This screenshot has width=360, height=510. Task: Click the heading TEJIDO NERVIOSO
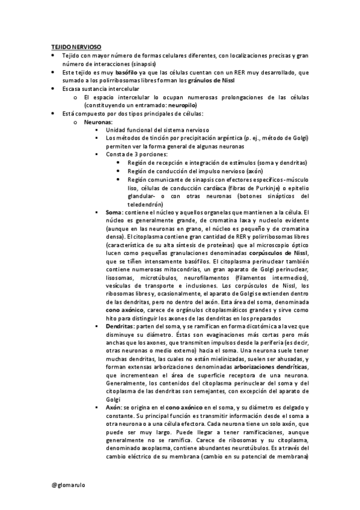pos(75,46)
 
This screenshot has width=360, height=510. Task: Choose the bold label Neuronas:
pos(98,121)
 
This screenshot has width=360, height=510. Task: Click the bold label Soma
pos(113,212)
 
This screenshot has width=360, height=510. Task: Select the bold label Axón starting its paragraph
pos(114,408)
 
